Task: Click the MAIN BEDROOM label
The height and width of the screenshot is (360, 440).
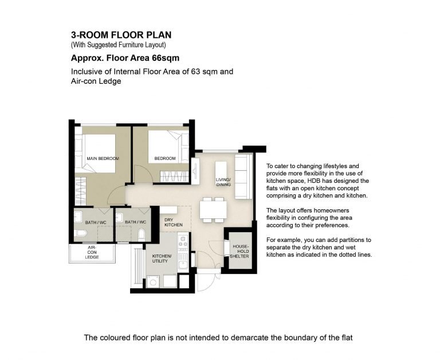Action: click(103, 158)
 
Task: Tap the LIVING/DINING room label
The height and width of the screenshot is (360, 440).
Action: click(223, 182)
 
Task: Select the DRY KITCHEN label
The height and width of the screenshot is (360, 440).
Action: click(173, 222)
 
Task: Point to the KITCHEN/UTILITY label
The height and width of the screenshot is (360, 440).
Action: click(162, 259)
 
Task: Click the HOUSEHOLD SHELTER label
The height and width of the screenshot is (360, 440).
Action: click(239, 251)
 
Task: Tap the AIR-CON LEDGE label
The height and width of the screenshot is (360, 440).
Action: click(92, 252)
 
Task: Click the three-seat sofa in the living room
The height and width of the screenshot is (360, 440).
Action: click(243, 177)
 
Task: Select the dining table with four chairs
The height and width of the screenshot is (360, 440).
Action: click(213, 210)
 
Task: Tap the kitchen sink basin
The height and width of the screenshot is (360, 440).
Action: click(183, 264)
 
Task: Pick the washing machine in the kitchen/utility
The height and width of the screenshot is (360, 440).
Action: click(153, 281)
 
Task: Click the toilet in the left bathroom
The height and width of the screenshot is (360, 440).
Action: click(82, 233)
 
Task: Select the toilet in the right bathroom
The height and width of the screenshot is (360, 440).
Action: click(142, 235)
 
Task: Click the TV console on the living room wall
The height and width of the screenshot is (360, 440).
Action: click(195, 171)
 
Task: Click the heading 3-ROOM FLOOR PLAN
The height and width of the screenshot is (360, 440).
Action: click(121, 35)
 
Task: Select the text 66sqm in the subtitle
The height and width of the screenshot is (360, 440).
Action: click(166, 58)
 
